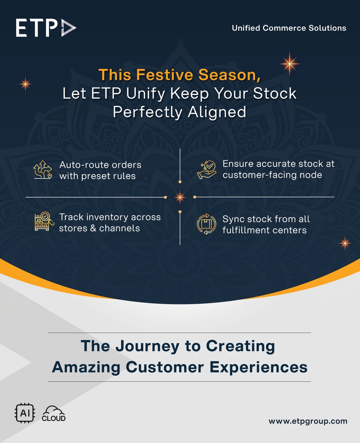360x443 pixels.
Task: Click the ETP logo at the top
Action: point(46,28)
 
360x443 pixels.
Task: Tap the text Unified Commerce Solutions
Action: point(289,28)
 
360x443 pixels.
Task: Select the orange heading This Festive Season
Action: point(180,75)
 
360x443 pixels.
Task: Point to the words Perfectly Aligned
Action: point(180,111)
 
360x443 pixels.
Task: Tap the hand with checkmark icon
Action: point(207,169)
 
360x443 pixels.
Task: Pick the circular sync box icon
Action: point(207,224)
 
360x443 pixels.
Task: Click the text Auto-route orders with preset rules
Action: point(100,170)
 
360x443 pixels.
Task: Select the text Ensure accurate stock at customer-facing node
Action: point(278,169)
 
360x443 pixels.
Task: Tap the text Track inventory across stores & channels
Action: point(110,222)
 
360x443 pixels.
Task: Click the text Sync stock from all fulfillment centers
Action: point(266,224)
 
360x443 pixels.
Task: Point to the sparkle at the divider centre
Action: point(180,197)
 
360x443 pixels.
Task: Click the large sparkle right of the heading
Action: point(290,63)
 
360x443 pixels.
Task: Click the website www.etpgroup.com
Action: point(308,421)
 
